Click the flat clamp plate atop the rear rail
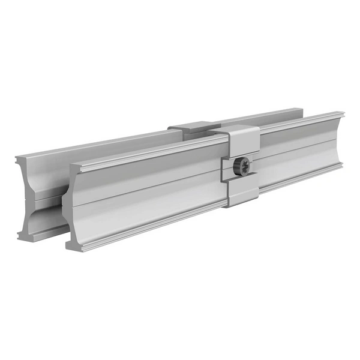click(191, 127)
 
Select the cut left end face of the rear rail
click(26, 198)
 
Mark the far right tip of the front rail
click(342, 114)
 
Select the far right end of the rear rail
click(300, 110)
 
